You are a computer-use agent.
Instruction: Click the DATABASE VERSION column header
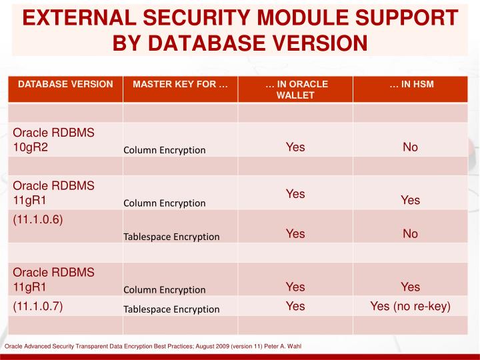(65, 84)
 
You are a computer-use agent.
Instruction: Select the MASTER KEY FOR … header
(180, 84)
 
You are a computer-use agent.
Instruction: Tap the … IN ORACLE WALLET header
(295, 89)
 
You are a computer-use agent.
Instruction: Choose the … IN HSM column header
(410, 84)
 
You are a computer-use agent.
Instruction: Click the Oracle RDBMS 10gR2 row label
(53, 139)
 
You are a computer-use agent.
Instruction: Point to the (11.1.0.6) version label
(38, 219)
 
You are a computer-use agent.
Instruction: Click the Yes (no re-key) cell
(410, 306)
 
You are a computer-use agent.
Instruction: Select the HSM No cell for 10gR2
(410, 147)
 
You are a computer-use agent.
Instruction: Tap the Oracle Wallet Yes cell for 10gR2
(295, 147)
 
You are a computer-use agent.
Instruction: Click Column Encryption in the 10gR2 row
(165, 150)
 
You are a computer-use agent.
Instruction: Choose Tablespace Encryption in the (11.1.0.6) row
(171, 237)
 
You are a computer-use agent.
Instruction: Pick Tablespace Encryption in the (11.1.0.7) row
(171, 309)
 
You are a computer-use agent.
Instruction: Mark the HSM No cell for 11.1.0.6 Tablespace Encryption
(410, 233)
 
